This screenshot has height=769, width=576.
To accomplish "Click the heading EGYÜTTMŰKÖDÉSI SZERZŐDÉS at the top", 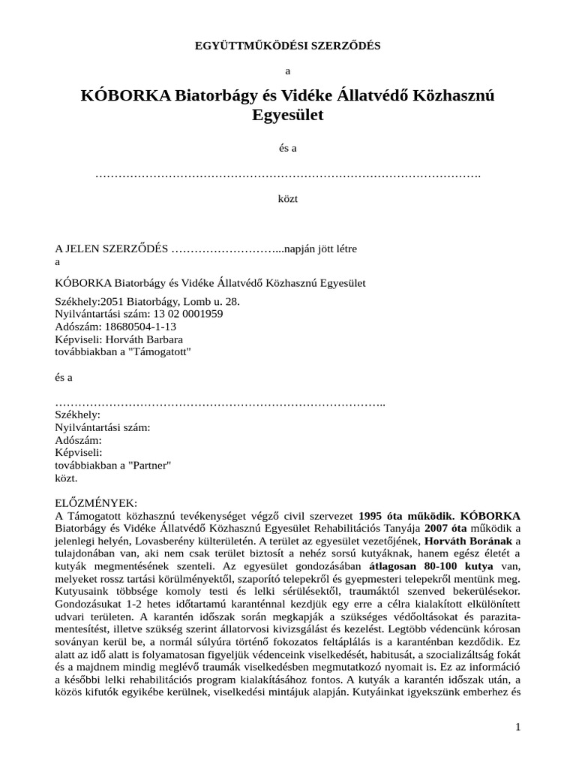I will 287,46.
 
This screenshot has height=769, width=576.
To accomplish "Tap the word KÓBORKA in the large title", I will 126,96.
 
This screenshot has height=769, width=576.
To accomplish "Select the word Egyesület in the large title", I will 288,116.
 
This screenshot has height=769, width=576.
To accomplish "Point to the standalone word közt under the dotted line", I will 288,199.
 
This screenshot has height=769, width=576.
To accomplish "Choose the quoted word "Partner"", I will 150,465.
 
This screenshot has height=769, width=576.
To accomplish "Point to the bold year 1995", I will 373,515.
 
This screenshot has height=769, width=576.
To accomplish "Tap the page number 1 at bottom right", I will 517,726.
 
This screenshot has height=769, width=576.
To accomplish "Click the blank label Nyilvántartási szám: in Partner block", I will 103,427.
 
